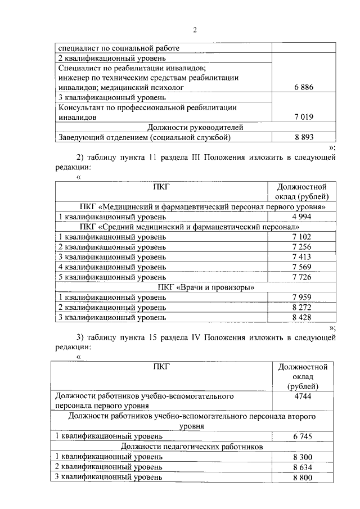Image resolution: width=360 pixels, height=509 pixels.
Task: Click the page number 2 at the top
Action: tap(195, 30)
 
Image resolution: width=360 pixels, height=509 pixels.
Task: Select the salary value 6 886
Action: tap(303, 87)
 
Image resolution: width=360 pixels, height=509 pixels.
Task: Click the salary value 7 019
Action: tap(303, 117)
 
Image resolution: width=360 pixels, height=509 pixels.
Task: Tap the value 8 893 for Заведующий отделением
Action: tap(303, 137)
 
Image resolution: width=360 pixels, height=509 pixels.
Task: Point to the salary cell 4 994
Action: tap(301, 217)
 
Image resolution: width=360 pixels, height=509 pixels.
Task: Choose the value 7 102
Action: tap(301, 237)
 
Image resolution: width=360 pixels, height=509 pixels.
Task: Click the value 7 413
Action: tap(301, 257)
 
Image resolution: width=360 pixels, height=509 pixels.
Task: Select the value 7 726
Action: tap(301, 277)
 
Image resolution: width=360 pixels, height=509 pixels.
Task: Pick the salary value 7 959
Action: tap(301, 298)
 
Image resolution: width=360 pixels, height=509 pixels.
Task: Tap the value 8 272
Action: tap(301, 308)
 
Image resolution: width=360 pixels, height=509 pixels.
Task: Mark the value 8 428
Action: tap(301, 318)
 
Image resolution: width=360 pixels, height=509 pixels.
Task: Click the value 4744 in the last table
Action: tap(303, 396)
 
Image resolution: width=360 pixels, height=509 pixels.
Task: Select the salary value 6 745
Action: tap(303, 436)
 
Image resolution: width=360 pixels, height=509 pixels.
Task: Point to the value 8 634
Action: tap(303, 467)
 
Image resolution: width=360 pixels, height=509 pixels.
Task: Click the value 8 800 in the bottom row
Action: tap(303, 478)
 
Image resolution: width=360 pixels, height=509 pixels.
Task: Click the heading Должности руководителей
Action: tap(195, 127)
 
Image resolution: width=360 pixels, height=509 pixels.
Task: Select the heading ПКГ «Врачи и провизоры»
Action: tap(195, 287)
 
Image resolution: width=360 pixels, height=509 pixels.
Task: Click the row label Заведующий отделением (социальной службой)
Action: tap(145, 137)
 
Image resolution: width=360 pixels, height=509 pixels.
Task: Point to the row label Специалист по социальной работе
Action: tap(119, 48)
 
